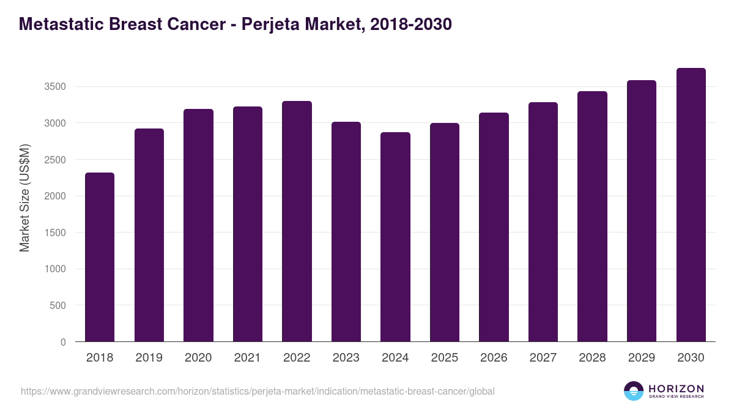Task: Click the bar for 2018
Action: (100, 257)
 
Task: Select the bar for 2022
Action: (297, 221)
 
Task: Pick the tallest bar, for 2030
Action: (691, 204)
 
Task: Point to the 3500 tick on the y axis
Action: (55, 87)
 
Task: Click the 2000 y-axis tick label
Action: (55, 196)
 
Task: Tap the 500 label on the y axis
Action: (58, 305)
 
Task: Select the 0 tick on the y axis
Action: (63, 342)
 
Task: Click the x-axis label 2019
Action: (149, 358)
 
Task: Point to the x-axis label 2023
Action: (346, 358)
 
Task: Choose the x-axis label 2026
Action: (494, 358)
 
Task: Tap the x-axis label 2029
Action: (641, 358)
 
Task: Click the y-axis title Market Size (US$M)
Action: (24, 198)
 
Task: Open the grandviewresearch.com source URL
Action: (258, 391)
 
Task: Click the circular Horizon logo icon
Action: (634, 391)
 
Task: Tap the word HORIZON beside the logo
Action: (676, 388)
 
